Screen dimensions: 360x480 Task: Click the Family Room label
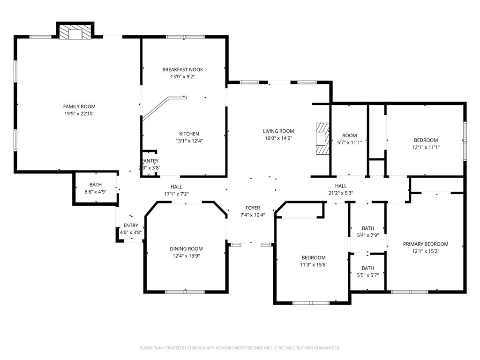click(x=79, y=107)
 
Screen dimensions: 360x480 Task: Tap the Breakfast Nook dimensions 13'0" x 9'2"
click(x=183, y=77)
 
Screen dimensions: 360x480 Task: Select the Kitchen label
click(x=189, y=134)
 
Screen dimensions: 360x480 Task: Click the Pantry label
click(x=150, y=161)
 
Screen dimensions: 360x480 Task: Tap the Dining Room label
click(x=186, y=249)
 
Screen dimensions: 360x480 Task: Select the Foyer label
click(x=253, y=208)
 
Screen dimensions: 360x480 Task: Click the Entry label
click(x=131, y=225)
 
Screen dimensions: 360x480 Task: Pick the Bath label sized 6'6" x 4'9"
click(x=96, y=185)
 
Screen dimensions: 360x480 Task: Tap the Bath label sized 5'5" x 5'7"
click(x=368, y=268)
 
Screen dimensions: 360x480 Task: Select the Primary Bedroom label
click(x=426, y=244)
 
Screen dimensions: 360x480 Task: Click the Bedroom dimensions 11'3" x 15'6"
click(x=314, y=265)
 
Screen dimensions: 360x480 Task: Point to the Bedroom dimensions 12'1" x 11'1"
click(x=426, y=147)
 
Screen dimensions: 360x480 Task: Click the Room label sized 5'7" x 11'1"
click(x=349, y=136)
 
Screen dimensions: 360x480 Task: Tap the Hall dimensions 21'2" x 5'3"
click(x=341, y=193)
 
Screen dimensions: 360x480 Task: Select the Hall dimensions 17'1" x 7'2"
click(x=176, y=194)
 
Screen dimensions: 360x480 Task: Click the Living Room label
click(x=278, y=131)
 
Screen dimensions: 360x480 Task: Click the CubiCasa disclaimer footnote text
click(x=240, y=348)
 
